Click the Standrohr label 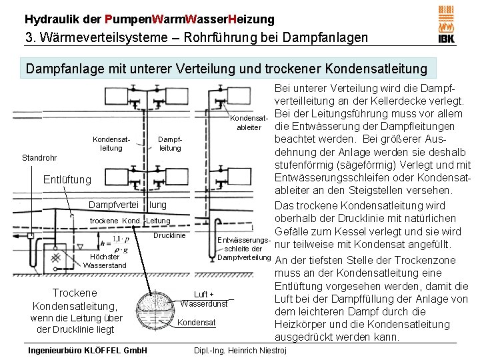click(39, 158)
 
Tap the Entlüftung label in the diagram click(67, 179)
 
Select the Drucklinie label click(169, 235)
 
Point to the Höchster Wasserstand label click(103, 261)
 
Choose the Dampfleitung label click(170, 143)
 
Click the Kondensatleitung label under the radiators click(111, 143)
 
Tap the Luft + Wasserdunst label click(203, 299)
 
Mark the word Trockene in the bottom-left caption click(75, 293)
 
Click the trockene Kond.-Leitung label click(130, 221)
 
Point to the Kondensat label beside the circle click(197, 323)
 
